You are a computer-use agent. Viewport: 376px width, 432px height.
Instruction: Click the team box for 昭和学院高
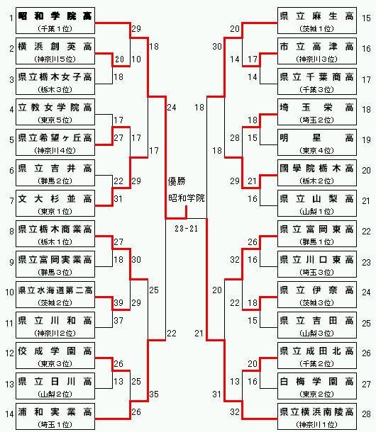tap(55, 21)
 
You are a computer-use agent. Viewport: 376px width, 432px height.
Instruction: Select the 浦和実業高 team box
tap(55, 416)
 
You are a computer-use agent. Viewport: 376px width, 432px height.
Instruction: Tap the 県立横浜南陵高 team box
tap(317, 416)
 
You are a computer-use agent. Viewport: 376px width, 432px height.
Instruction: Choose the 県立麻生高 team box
tap(317, 21)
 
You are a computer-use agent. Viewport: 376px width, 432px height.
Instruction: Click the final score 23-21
tap(187, 229)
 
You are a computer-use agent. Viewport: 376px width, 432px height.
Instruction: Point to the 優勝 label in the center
tap(177, 181)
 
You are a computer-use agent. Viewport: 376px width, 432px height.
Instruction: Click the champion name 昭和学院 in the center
tap(187, 198)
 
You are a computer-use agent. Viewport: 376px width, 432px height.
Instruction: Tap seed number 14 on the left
tap(9, 414)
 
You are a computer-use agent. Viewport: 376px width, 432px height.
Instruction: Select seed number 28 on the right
tap(366, 414)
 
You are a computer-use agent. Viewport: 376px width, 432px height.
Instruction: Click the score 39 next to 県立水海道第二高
tap(118, 303)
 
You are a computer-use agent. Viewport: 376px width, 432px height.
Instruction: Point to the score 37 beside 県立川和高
tap(118, 320)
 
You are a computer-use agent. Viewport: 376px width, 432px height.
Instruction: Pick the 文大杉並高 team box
tap(55, 203)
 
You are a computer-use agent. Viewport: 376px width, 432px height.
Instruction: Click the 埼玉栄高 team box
tap(317, 112)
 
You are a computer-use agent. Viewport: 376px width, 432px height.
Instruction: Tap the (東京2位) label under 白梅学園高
tap(317, 394)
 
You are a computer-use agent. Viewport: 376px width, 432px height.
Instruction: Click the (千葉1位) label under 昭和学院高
tap(55, 28)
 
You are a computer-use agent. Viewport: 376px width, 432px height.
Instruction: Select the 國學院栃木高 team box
tap(317, 173)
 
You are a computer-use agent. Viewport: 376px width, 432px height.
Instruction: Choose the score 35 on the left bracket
tap(154, 394)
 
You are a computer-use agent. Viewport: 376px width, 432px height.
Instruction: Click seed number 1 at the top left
tap(11, 18)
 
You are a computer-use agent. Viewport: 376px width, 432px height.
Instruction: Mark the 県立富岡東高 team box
tap(317, 234)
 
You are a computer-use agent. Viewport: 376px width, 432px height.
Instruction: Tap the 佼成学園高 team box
tap(55, 356)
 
